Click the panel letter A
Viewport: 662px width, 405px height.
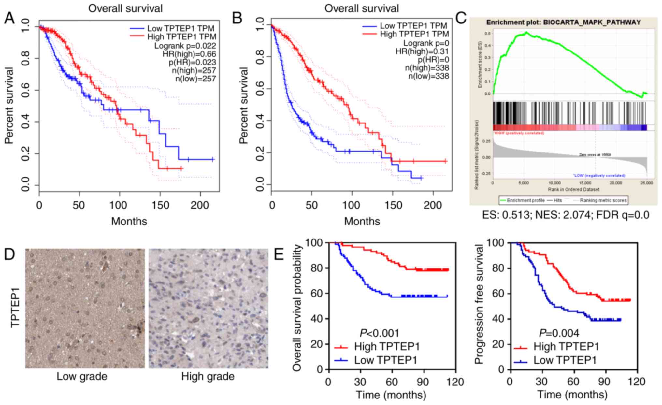[9, 18]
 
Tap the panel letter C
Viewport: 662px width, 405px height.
[461, 18]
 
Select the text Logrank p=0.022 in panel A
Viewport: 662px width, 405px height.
[185, 46]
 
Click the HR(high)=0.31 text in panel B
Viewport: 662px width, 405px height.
[422, 51]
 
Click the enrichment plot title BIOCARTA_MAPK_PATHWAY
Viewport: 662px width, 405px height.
[563, 22]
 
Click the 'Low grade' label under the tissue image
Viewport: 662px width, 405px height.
[82, 377]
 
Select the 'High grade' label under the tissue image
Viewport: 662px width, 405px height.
[208, 377]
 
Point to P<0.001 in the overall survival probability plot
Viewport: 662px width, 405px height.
[379, 333]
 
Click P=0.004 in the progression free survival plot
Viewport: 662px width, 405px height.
[559, 333]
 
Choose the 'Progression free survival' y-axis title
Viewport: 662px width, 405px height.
[479, 305]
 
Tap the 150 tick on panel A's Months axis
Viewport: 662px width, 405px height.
[160, 205]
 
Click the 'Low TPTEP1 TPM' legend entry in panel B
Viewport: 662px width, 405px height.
[413, 26]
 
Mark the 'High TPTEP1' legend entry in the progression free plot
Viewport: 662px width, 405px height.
[567, 346]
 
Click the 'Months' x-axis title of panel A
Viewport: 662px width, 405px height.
[129, 222]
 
